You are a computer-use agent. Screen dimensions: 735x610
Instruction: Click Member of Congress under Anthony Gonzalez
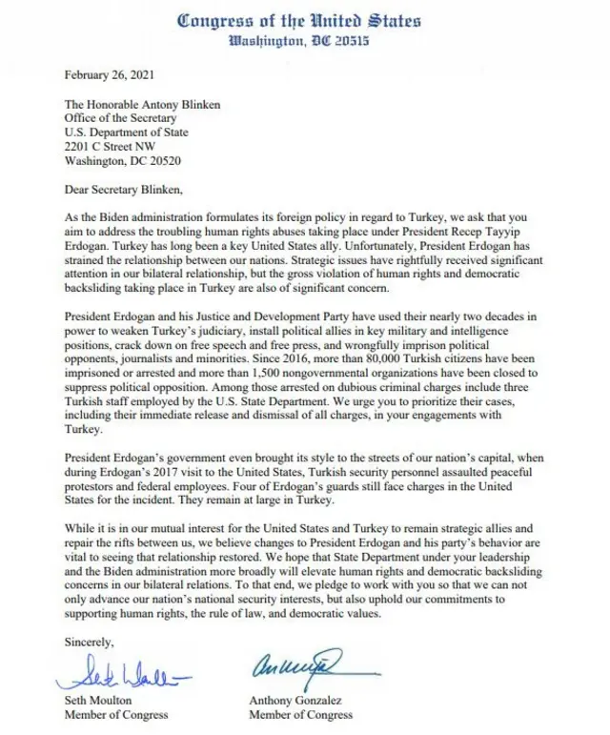coord(299,713)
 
